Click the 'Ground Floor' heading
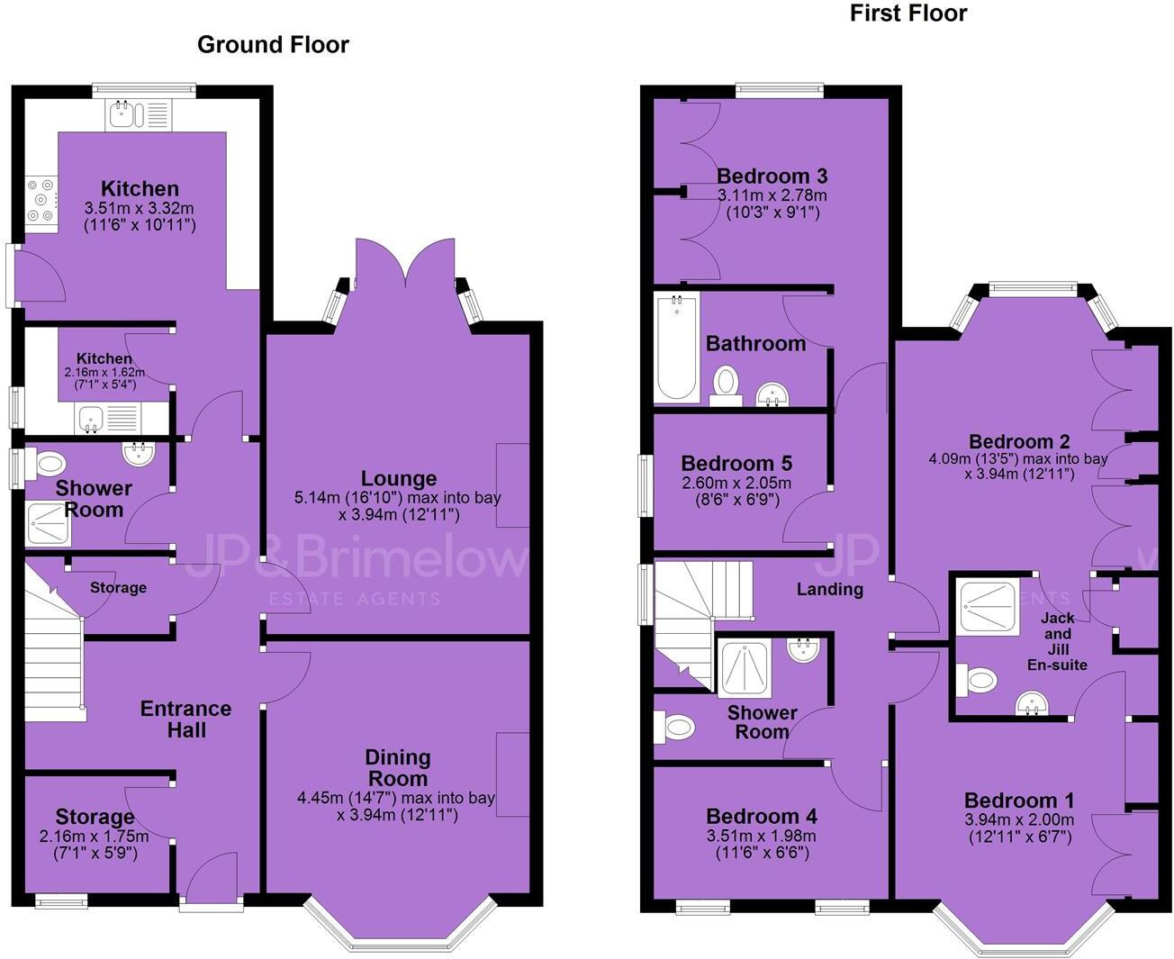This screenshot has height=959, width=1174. coord(273,44)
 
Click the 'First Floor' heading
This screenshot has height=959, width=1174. coord(908,14)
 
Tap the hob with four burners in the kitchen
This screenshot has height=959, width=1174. coord(41,198)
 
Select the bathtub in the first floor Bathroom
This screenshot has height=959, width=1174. coord(677,348)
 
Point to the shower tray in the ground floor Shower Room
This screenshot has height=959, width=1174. coord(47,524)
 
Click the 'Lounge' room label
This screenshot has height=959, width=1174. coord(399,478)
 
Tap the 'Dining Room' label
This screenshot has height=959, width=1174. coord(398,767)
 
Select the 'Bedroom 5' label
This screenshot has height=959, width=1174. coord(736,463)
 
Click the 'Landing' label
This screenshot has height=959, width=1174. coord(829,589)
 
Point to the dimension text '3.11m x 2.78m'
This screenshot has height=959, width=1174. coord(772,195)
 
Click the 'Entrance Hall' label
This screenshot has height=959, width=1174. coord(185,719)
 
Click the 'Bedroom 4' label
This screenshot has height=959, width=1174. coord(762,816)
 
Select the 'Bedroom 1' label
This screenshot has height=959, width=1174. coord(1018,800)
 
